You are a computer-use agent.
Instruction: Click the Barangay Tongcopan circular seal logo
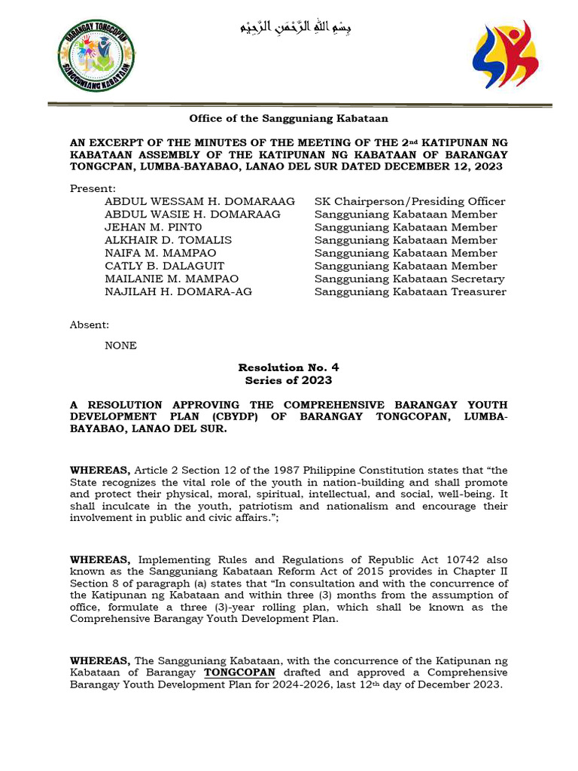pyautogui.click(x=96, y=55)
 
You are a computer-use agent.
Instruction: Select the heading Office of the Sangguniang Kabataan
pyautogui.click(x=288, y=118)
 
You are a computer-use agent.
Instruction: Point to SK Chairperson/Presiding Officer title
pyautogui.click(x=409, y=201)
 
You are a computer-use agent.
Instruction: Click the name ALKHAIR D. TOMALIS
pyautogui.click(x=168, y=240)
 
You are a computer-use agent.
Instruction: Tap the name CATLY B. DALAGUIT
pyautogui.click(x=164, y=266)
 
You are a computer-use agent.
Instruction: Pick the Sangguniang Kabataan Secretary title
pyautogui.click(x=409, y=279)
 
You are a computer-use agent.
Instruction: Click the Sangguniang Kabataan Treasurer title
pyautogui.click(x=410, y=291)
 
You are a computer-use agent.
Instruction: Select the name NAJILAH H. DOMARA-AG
pyautogui.click(x=178, y=291)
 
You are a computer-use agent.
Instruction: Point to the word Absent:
pyautogui.click(x=90, y=325)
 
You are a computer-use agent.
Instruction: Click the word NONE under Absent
pyautogui.click(x=120, y=346)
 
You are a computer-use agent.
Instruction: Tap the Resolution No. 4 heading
pyautogui.click(x=288, y=367)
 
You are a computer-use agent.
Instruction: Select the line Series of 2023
pyautogui.click(x=288, y=380)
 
